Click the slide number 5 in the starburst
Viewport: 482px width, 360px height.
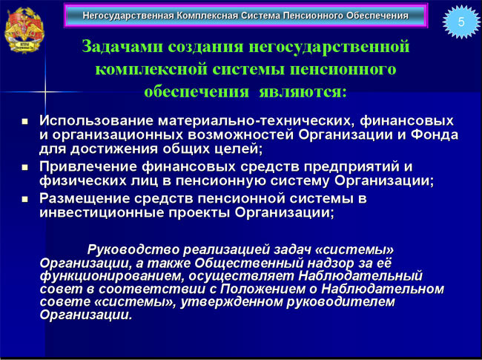point(461,22)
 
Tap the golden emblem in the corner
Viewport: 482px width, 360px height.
point(24,30)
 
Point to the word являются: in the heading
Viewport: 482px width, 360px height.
point(303,92)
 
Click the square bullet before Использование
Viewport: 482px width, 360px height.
point(25,121)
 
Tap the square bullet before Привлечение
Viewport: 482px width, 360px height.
point(25,168)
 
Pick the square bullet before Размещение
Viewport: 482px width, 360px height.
point(25,200)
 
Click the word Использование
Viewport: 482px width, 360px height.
point(96,120)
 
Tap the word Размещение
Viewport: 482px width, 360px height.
point(85,199)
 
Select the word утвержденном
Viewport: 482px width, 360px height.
point(231,302)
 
